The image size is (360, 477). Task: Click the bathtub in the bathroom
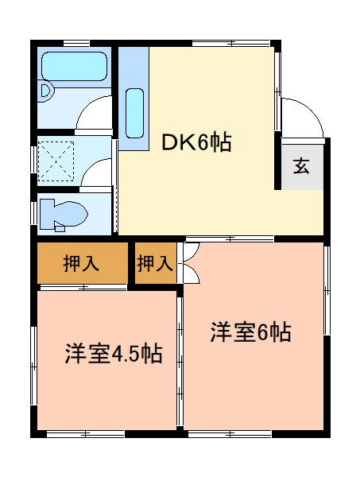point(74,66)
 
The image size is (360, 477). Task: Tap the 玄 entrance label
point(302,166)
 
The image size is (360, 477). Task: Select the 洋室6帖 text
point(250,332)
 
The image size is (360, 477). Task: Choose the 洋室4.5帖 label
point(114,354)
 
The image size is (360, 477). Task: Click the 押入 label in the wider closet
point(81,264)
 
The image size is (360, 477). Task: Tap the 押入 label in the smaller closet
point(154,264)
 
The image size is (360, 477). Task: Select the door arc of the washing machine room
point(98,171)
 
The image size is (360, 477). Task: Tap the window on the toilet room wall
point(36,213)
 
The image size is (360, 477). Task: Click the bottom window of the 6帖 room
point(246,434)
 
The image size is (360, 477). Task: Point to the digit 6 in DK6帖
point(204,143)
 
